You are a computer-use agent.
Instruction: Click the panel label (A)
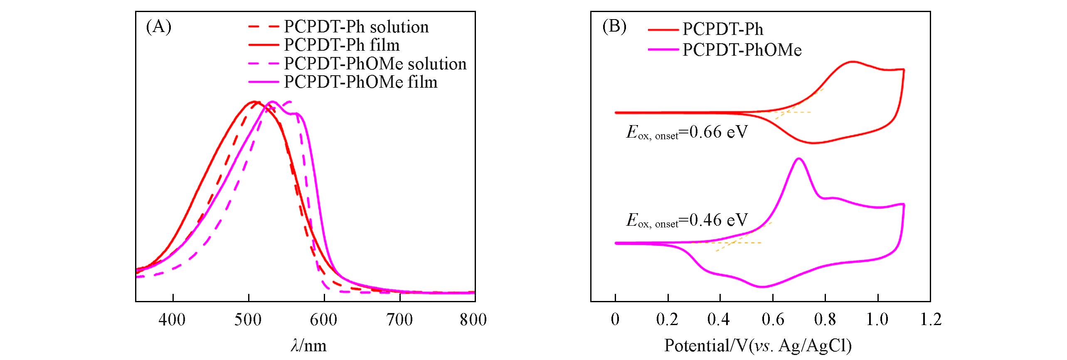point(158,27)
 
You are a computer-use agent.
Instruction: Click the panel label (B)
point(614,27)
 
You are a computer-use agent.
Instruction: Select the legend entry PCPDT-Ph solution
point(356,27)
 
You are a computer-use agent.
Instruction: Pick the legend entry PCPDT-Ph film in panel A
point(342,45)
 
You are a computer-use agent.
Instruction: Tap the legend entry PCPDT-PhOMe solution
point(375,64)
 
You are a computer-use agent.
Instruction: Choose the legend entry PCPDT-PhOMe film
point(360,82)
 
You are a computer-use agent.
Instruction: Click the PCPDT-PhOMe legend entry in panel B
point(742,50)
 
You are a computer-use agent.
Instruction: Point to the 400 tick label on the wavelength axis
point(172,320)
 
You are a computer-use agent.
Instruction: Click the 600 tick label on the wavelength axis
point(324,320)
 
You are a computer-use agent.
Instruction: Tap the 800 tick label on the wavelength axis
point(473,320)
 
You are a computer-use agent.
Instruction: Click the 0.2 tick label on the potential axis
point(667,320)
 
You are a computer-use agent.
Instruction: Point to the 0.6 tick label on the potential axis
point(772,320)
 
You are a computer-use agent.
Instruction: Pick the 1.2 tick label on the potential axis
point(930,320)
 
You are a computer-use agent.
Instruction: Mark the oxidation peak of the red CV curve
point(852,62)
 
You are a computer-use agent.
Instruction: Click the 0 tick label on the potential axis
point(615,320)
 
